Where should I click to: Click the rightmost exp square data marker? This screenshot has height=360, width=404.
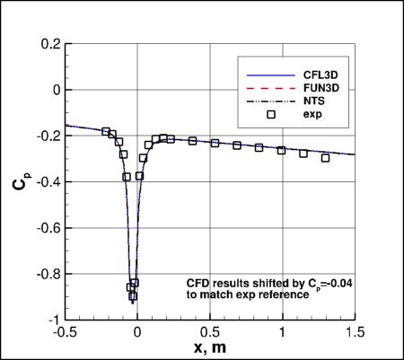coord(325,158)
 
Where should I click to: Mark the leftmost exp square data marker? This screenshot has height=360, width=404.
coord(106,132)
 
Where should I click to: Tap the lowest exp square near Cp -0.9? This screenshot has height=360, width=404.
coord(133,296)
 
